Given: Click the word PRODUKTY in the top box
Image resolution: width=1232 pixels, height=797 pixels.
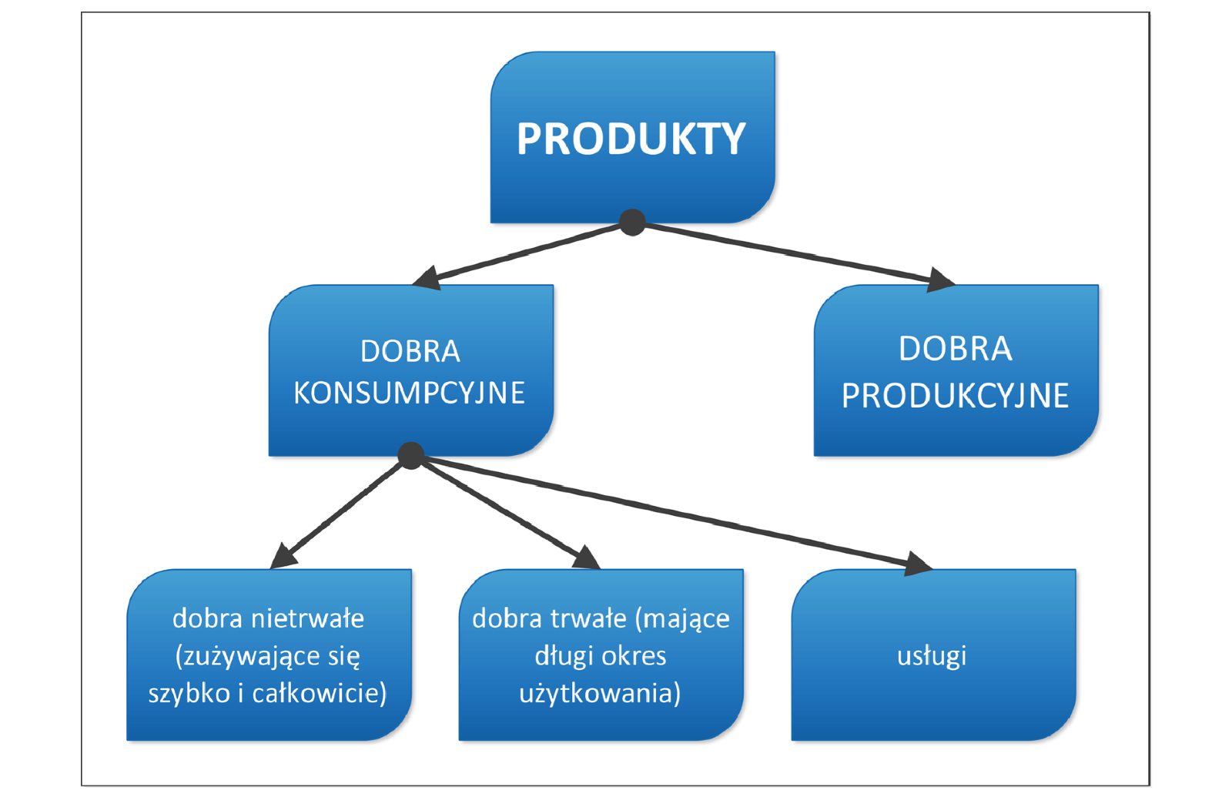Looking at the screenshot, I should (631, 139).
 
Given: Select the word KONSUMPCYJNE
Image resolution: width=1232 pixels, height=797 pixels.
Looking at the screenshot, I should (409, 393).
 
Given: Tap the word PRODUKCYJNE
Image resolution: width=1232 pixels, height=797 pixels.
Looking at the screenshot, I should (955, 396).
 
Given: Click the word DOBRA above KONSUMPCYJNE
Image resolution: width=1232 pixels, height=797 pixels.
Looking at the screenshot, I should (410, 351).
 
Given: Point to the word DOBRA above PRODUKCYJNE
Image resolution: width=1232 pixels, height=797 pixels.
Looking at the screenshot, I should (955, 349).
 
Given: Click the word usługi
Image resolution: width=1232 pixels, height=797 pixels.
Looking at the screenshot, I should (932, 656).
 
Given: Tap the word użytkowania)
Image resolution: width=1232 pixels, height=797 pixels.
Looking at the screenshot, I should (600, 693).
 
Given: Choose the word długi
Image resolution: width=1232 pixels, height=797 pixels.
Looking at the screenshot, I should (564, 656).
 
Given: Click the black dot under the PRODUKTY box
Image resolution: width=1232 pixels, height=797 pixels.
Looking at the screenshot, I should (632, 223).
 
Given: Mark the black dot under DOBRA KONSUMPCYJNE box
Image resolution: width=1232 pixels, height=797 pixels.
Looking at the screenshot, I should (411, 455).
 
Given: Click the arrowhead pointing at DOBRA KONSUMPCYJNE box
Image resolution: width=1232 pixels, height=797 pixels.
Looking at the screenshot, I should (427, 278).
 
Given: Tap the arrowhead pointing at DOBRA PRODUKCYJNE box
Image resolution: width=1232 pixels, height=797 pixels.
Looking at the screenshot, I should (940, 280).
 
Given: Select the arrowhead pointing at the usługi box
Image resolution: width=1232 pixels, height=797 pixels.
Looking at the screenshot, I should (918, 564).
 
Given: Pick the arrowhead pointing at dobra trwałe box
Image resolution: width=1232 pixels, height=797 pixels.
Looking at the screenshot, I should (588, 558).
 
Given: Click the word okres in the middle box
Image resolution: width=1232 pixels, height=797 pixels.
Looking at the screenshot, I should (634, 656).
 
